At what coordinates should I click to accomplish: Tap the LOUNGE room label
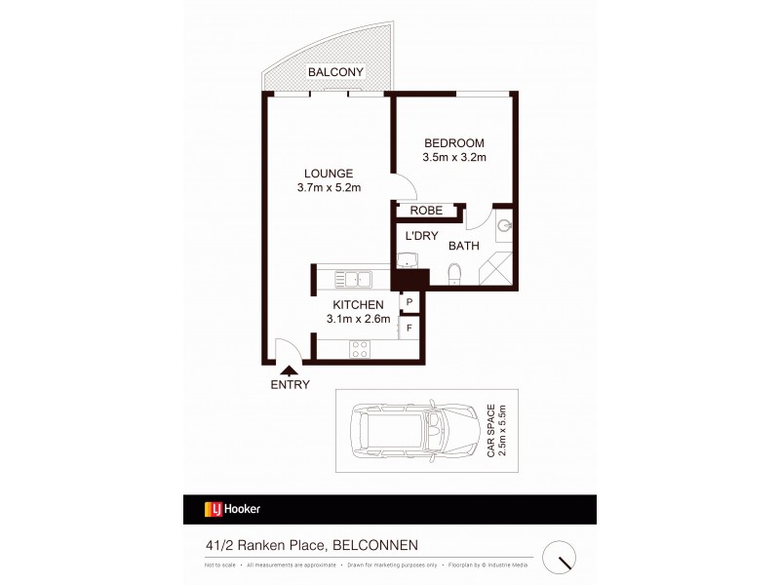pos(326,174)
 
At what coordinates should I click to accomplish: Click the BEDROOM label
pos(454,142)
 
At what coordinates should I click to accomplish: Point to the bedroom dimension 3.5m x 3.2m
pos(454,157)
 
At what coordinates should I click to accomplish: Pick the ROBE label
pos(426,211)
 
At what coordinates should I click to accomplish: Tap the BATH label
pos(463,246)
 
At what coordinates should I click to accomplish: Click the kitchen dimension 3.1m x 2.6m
pos(358,319)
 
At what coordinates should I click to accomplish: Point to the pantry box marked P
pos(409,302)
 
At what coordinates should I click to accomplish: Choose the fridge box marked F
pos(409,328)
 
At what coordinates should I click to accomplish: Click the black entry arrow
pos(290,368)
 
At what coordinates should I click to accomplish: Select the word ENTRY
pos(290,384)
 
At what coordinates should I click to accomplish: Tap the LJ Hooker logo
pos(230,509)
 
